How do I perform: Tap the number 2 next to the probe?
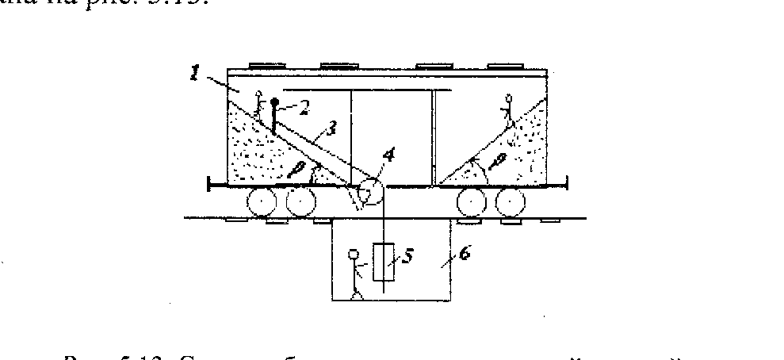[x=303, y=105]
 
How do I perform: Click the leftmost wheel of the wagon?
[x=259, y=204]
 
